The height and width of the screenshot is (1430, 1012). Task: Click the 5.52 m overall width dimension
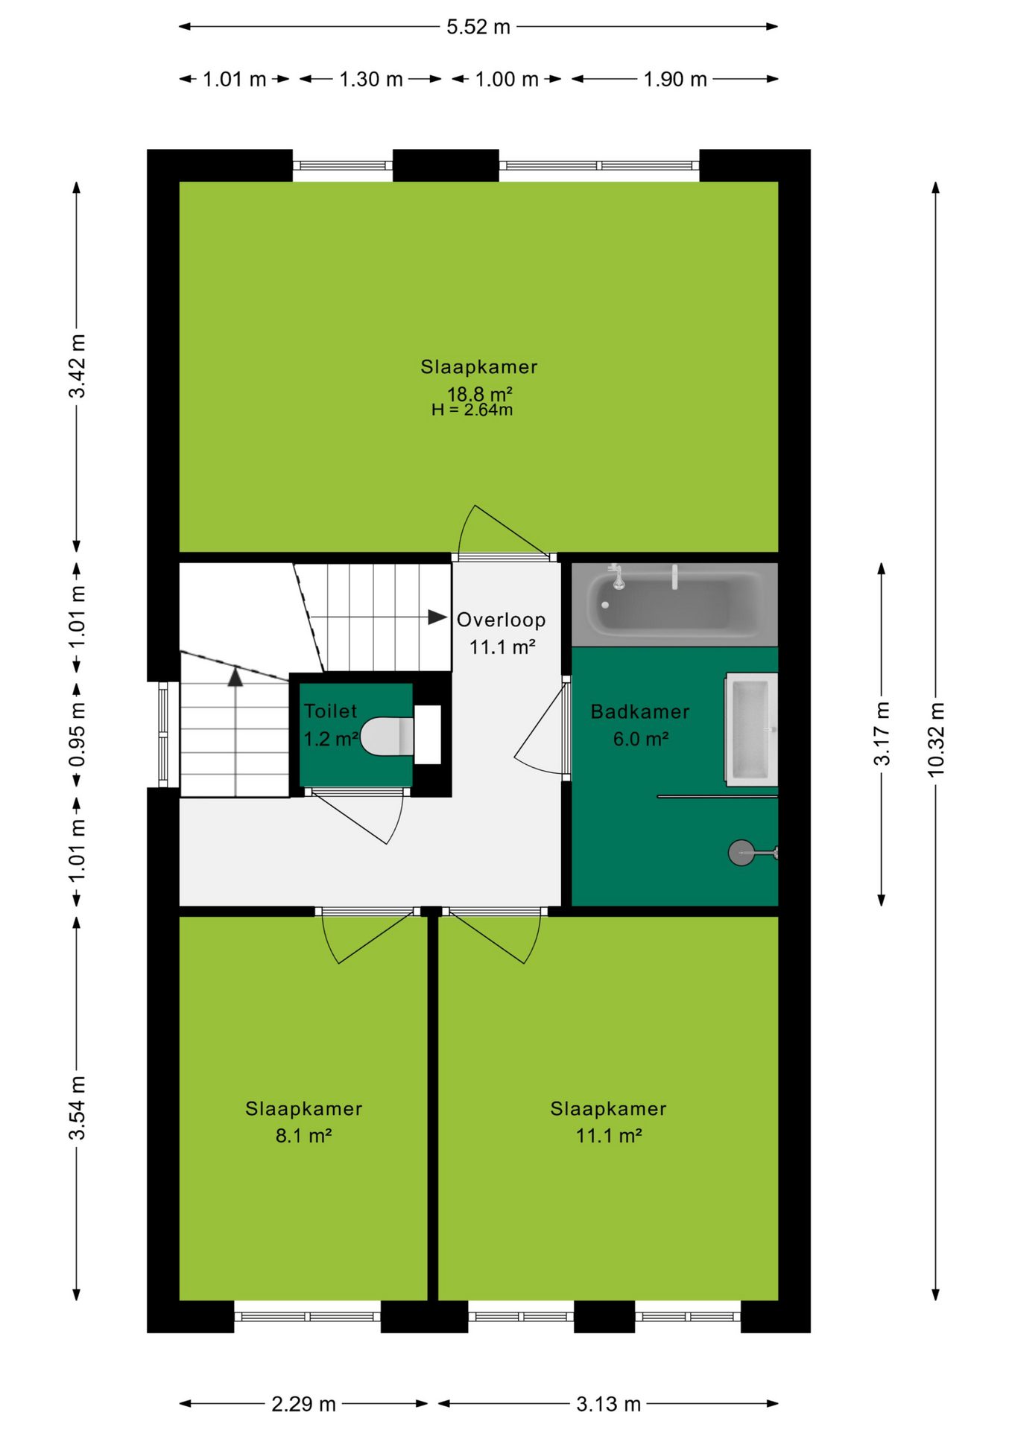pyautogui.click(x=478, y=27)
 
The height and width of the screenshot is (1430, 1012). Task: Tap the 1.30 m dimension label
pyautogui.click(x=371, y=79)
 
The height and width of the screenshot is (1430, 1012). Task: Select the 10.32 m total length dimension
pyautogui.click(x=936, y=740)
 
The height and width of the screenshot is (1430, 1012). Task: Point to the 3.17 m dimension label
pyautogui.click(x=882, y=734)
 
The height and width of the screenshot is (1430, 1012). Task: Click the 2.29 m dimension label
pyautogui.click(x=303, y=1404)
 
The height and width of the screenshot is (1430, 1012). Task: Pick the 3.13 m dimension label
pyautogui.click(x=609, y=1404)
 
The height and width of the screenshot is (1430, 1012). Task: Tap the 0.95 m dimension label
pyautogui.click(x=77, y=734)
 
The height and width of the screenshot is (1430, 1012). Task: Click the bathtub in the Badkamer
pyautogui.click(x=674, y=604)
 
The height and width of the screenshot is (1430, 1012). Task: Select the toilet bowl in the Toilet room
pyautogui.click(x=387, y=737)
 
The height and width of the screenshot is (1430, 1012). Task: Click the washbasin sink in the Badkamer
pyautogui.click(x=751, y=729)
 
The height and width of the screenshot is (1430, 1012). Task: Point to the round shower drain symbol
pyautogui.click(x=741, y=853)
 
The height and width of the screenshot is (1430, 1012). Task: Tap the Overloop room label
pyautogui.click(x=502, y=620)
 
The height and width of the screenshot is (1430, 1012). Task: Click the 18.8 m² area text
pyautogui.click(x=479, y=393)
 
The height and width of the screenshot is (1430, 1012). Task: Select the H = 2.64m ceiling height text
pyautogui.click(x=472, y=410)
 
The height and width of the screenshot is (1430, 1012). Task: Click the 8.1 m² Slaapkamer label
pyautogui.click(x=303, y=1135)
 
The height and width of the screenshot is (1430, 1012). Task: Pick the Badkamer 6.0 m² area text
pyautogui.click(x=640, y=739)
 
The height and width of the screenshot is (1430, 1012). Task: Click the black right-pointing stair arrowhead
pyautogui.click(x=437, y=617)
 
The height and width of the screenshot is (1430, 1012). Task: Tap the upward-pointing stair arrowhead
pyautogui.click(x=235, y=677)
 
